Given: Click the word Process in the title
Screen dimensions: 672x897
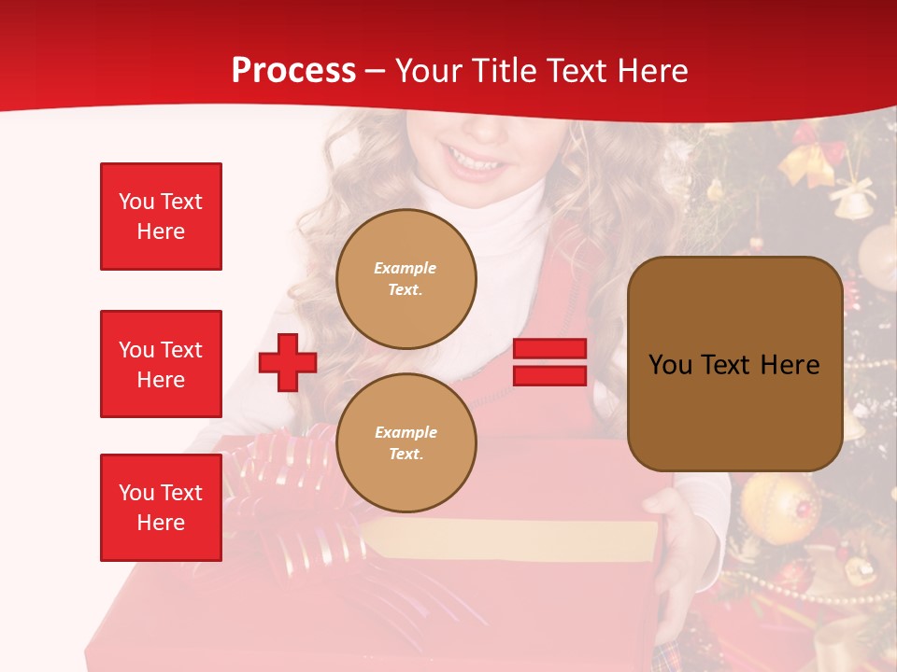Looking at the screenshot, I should [293, 71].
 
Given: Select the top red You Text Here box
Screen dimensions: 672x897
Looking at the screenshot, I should [161, 217].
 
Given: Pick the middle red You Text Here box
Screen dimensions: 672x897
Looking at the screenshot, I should [161, 364].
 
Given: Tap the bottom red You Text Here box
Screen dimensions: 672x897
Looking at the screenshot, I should [161, 508].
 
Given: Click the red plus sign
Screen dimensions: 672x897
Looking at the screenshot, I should [288, 362].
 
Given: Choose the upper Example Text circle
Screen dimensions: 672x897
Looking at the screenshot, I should [406, 279].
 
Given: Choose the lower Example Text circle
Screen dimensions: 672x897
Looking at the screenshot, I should [406, 443].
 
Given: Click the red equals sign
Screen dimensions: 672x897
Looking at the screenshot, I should [549, 362].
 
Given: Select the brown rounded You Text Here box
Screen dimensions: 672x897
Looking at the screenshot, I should [734, 364].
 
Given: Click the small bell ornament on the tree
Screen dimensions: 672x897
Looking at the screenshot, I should [852, 200].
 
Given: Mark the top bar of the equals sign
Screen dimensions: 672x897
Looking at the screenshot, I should [549, 349].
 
